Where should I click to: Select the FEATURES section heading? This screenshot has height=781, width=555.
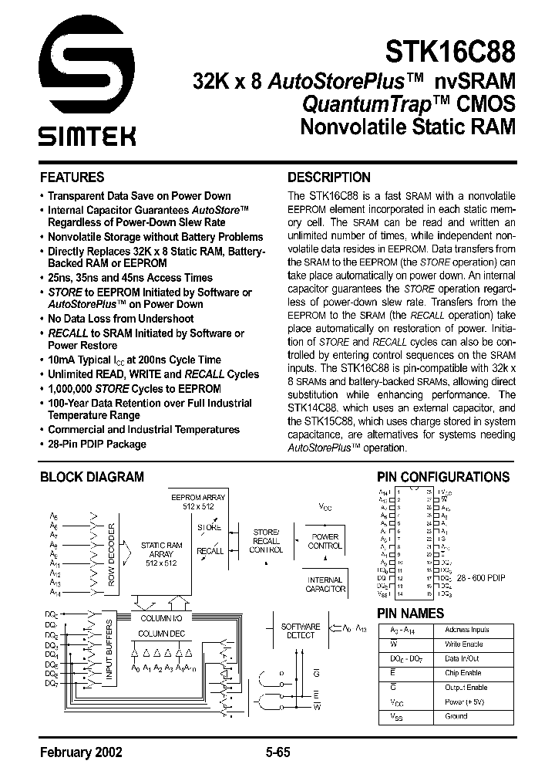[72, 177]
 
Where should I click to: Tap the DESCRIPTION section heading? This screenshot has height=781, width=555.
[328, 177]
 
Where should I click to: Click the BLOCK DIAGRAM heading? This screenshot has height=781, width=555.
[92, 477]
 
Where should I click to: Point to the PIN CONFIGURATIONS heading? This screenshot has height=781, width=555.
[442, 477]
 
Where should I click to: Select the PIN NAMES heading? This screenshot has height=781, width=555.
[409, 613]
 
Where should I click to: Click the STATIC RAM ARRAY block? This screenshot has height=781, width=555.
[161, 555]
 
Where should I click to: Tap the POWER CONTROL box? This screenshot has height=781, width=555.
[325, 541]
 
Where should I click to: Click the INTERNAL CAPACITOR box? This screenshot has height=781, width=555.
[325, 584]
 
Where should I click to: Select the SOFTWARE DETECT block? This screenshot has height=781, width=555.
[300, 631]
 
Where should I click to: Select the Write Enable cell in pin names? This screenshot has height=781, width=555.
[463, 644]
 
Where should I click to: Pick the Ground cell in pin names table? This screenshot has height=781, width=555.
[456, 716]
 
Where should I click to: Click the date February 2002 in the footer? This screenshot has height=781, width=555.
[80, 753]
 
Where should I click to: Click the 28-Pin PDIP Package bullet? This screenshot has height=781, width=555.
[96, 444]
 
